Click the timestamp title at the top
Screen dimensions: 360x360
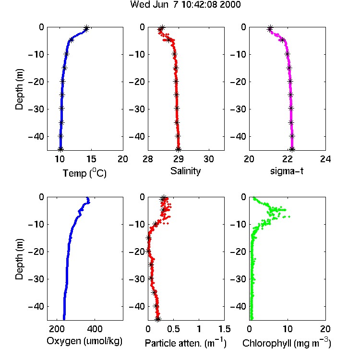pyautogui.click(x=185, y=4)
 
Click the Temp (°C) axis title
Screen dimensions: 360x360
pyautogui.click(x=84, y=173)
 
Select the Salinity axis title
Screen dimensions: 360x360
pyautogui.click(x=185, y=171)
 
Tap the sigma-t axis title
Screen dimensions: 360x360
pyautogui.click(x=287, y=171)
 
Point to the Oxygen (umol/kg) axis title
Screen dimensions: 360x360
pyautogui.click(x=84, y=341)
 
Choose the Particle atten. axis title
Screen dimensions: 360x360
pyautogui.click(x=186, y=343)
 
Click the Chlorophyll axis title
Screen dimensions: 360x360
pyautogui.click(x=287, y=343)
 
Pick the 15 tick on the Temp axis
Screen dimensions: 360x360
pyautogui.click(x=91, y=159)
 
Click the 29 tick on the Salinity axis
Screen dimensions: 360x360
pyautogui.click(x=179, y=159)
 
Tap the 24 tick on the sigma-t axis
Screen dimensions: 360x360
pyautogui.click(x=325, y=159)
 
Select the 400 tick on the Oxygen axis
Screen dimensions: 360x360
pyautogui.click(x=95, y=329)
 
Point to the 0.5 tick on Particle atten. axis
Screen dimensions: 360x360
pyautogui.click(x=174, y=329)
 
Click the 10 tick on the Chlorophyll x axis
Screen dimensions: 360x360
pyautogui.click(x=288, y=329)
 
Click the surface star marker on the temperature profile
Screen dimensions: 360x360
pyautogui.click(x=86, y=28)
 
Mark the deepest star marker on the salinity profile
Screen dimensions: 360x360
pyautogui.click(x=179, y=149)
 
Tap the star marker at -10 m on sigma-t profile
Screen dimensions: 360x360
pyautogui.click(x=287, y=54)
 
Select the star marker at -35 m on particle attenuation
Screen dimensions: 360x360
pyautogui.click(x=154, y=292)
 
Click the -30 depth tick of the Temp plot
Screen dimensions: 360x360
pyautogui.click(x=36, y=109)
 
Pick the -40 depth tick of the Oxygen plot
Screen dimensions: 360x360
pyautogui.click(x=36, y=306)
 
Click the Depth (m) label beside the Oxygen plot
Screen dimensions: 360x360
pyautogui.click(x=19, y=259)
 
